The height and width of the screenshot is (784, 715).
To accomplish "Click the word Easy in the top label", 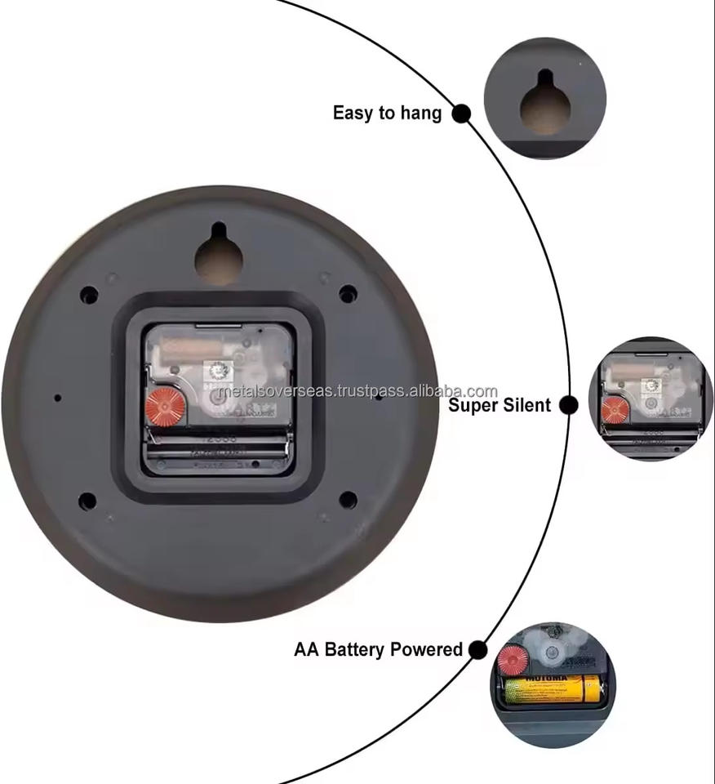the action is tap(353, 113).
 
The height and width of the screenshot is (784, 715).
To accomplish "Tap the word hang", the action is tap(420, 114).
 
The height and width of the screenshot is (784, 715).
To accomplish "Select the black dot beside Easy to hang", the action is tap(461, 114).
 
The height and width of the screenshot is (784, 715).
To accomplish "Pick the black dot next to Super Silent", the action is tap(569, 404).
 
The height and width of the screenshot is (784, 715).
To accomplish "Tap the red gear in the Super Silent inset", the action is tap(615, 409).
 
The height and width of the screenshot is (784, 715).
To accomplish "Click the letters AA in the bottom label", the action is tap(307, 650).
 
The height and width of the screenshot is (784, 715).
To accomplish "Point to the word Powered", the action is tap(426, 650).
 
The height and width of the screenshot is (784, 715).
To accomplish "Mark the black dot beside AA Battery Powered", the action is tap(478, 650).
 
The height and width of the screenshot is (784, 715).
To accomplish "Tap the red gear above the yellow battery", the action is tap(513, 659).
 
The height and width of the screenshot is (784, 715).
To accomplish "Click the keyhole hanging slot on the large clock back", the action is tap(219, 256).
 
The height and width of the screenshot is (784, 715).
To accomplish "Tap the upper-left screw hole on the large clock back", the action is tap(89, 295).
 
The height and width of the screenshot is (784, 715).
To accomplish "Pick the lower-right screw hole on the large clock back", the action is tap(348, 500).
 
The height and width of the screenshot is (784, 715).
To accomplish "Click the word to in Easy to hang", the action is tap(387, 114).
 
